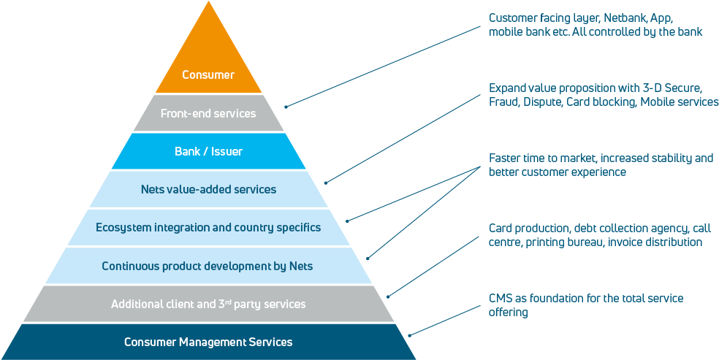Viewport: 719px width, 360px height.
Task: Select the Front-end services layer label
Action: click(x=208, y=113)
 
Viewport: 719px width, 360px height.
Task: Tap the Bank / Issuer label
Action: click(x=208, y=152)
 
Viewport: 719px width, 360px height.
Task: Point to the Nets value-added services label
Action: click(x=208, y=190)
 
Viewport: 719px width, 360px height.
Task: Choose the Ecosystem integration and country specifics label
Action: click(x=208, y=228)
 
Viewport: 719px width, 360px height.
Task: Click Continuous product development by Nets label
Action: click(x=208, y=266)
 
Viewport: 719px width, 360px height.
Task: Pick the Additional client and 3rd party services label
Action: click(x=208, y=304)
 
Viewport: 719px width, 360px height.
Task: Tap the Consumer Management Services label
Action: click(x=208, y=342)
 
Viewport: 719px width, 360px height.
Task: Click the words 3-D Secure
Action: click(x=659, y=88)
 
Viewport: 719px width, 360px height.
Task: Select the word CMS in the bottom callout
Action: click(x=501, y=299)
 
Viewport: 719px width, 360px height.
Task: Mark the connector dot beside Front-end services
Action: click(x=286, y=107)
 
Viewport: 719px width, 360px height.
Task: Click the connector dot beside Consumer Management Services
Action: click(x=409, y=335)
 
